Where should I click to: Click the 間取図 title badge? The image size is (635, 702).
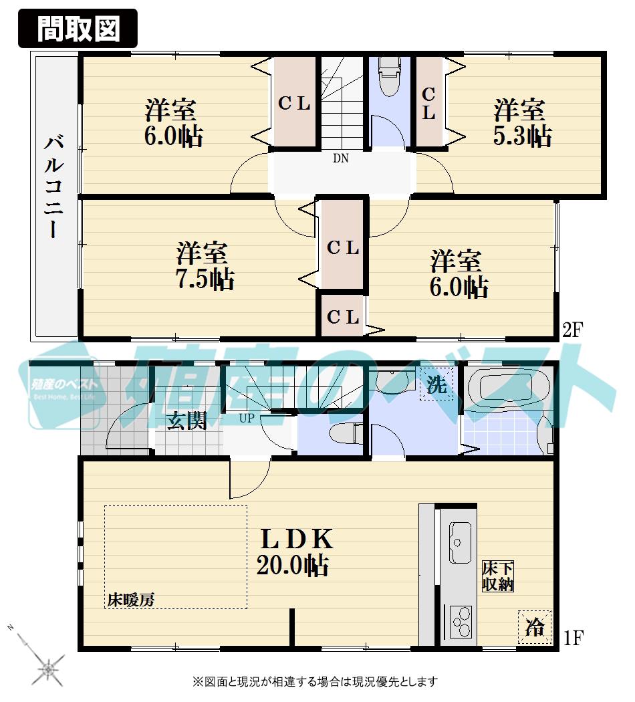[78, 29]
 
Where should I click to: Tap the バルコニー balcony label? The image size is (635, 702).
[53, 187]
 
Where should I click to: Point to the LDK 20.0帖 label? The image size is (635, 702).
[294, 552]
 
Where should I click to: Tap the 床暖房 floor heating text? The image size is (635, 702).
[131, 600]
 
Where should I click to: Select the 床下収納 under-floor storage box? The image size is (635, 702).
[498, 576]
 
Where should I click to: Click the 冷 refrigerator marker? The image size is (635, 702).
[535, 626]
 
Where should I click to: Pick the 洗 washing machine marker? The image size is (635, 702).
[436, 384]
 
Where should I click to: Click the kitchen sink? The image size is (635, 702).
[461, 542]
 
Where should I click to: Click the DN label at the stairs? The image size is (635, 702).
[341, 159]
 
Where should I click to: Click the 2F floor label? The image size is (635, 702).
[574, 330]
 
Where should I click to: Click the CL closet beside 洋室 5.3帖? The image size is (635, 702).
[429, 104]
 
